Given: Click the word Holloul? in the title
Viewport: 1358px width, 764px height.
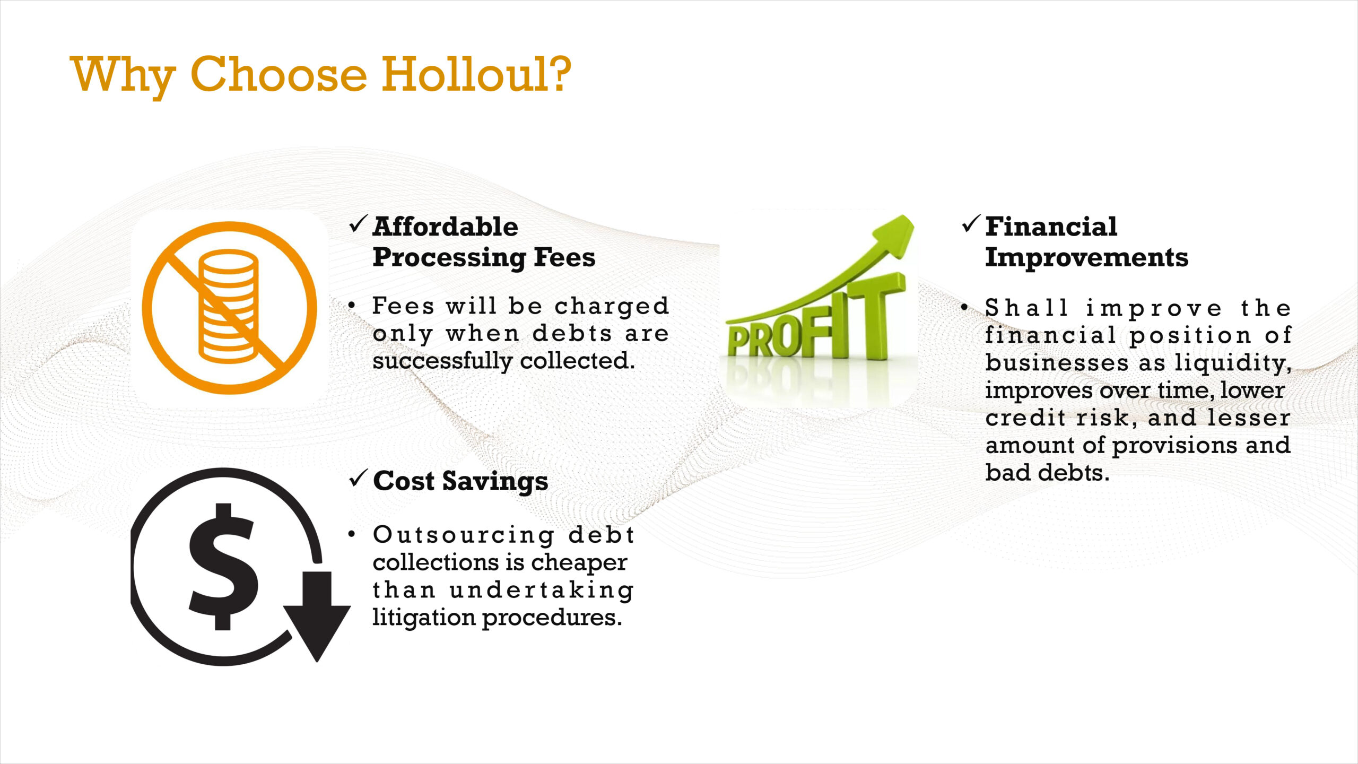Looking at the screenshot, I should (x=476, y=74).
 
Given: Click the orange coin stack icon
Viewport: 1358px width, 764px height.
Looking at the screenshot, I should (x=229, y=308).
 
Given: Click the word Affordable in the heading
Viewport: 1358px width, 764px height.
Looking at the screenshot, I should (x=446, y=227).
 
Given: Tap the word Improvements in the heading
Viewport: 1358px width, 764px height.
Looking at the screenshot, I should (x=1086, y=258).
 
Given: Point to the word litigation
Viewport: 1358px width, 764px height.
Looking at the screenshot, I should (x=424, y=618).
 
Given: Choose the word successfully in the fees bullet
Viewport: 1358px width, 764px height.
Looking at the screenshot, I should (x=442, y=362).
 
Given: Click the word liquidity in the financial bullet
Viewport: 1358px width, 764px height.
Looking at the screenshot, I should (x=1232, y=363).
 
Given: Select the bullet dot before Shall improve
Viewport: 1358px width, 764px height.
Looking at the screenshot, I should (x=964, y=307).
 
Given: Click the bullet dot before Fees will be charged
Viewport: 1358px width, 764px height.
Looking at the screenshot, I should (x=352, y=306).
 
